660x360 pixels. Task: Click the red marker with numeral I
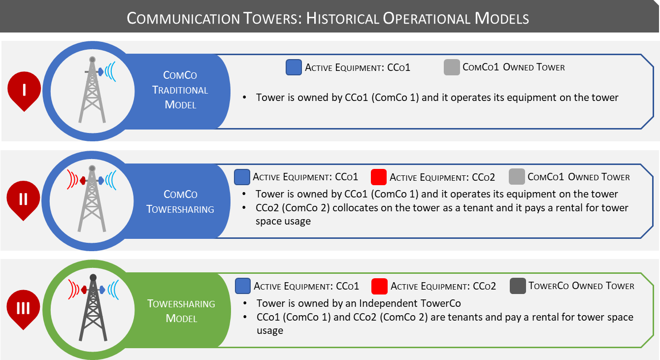click(x=24, y=91)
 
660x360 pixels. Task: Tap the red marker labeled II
click(x=23, y=199)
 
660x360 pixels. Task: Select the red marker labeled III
click(x=23, y=308)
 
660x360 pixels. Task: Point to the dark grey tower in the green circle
click(x=93, y=308)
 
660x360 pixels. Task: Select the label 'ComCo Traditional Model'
click(x=180, y=90)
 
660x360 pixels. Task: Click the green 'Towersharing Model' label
click(x=181, y=311)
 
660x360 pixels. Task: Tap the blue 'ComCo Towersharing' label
click(x=180, y=201)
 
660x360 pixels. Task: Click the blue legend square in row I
click(x=294, y=67)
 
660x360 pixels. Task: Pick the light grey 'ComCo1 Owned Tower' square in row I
click(x=452, y=67)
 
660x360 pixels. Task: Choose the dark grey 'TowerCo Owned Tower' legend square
click(x=518, y=286)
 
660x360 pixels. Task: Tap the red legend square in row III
click(x=379, y=286)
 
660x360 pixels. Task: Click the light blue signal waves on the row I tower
click(x=112, y=71)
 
